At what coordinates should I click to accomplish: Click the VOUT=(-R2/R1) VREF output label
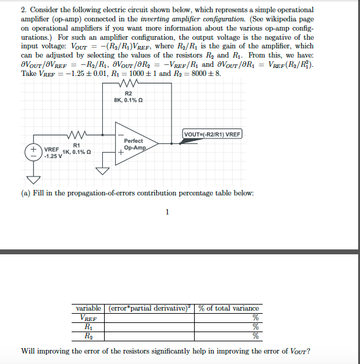212,134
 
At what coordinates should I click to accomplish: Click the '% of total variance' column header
228,308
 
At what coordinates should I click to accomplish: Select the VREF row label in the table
89,317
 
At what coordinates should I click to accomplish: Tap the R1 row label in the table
89,327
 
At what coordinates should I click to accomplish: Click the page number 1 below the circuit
167,213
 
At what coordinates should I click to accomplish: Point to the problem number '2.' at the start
24,10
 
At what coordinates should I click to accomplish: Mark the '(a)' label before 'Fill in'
26,193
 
